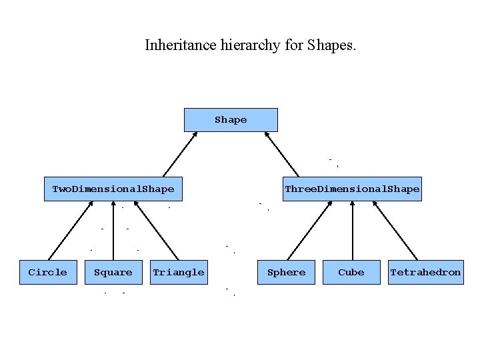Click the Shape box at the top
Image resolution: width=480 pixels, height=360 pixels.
[231, 120]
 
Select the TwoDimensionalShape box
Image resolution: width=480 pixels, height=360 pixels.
[113, 189]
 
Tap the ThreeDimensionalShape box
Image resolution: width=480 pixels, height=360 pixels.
[352, 189]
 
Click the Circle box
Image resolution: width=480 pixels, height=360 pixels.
[47, 272]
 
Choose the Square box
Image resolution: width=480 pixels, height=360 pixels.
[113, 272]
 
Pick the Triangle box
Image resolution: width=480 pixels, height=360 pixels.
[179, 272]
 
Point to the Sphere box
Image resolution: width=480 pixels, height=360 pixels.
[286, 272]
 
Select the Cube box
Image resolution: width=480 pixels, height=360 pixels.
[351, 272]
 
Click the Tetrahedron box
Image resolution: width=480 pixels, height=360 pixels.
[425, 272]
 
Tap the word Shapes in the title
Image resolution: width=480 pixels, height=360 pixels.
[332, 45]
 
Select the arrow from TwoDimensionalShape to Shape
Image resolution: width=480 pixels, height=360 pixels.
[180, 154]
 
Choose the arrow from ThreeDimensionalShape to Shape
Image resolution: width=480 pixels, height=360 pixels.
[282, 154]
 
